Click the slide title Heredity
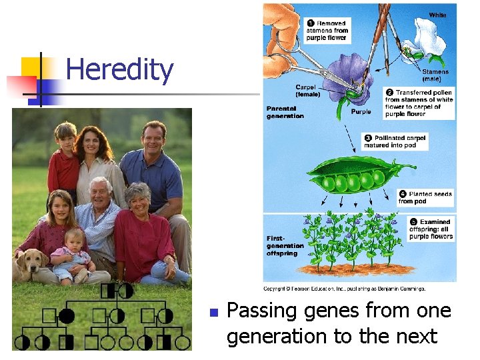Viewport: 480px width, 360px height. tap(120, 69)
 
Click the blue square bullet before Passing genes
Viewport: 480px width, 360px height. tap(213, 312)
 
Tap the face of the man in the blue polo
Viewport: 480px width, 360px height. tap(153, 138)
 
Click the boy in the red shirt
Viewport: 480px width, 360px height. tap(65, 160)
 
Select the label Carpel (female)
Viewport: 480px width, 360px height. tap(307, 91)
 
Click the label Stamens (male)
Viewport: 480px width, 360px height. tap(435, 75)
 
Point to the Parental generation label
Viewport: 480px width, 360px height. tap(285, 112)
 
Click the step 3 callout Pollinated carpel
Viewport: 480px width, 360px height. tap(395, 141)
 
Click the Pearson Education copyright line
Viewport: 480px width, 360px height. tap(344, 289)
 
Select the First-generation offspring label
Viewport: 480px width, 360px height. tap(285, 245)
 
